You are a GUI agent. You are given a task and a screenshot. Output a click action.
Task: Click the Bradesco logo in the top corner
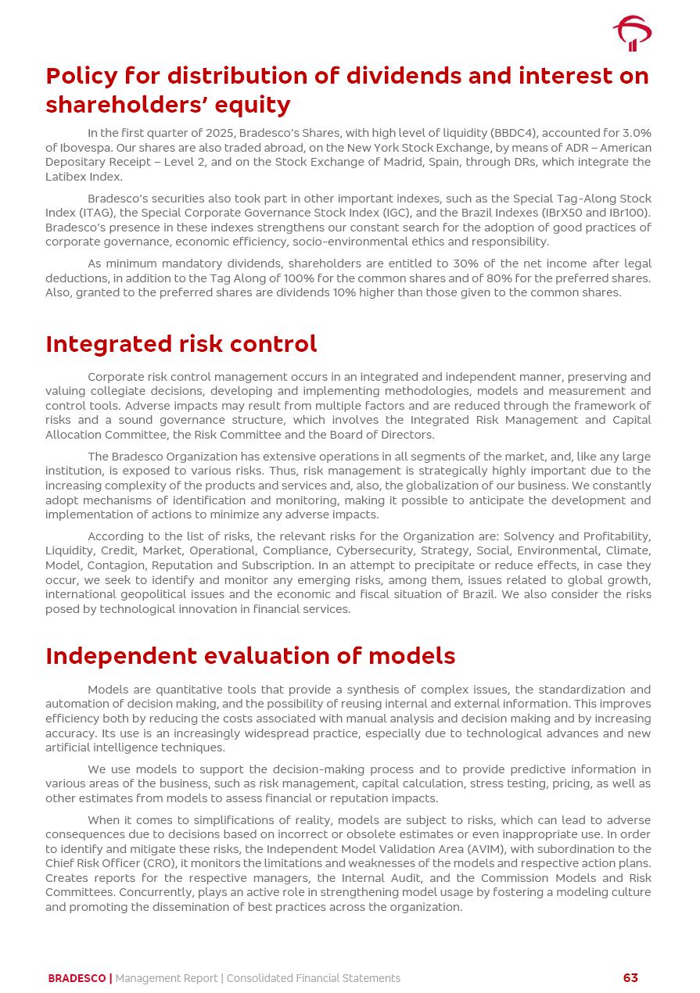coord(632,34)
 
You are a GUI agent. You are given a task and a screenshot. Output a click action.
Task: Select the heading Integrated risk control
coord(181,344)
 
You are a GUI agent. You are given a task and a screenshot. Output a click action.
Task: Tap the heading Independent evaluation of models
coord(250,655)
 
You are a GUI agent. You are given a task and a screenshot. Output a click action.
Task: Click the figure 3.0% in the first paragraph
coord(635,133)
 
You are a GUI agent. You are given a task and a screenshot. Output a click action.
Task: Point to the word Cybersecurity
coord(375,550)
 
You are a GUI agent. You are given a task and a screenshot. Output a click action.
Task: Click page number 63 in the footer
coord(630,978)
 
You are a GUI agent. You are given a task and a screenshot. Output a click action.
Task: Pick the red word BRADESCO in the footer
coord(77,978)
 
